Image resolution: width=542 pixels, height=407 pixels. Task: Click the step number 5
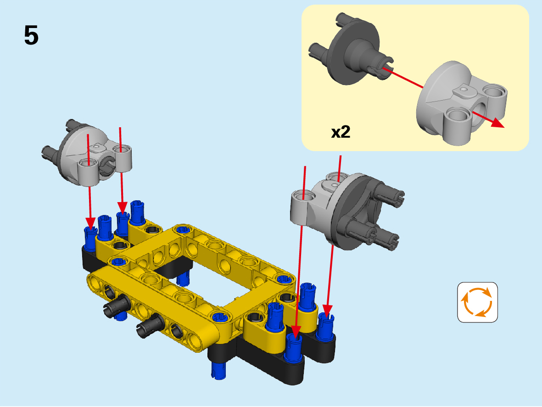pyautogui.click(x=31, y=35)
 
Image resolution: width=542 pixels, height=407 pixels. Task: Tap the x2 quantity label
pyautogui.click(x=341, y=132)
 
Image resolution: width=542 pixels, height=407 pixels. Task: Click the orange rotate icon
pyautogui.click(x=477, y=302)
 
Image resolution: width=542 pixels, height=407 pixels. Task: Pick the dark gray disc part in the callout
pyautogui.click(x=352, y=50)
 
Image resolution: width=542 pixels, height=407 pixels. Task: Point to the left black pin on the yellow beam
pyautogui.click(x=116, y=304)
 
